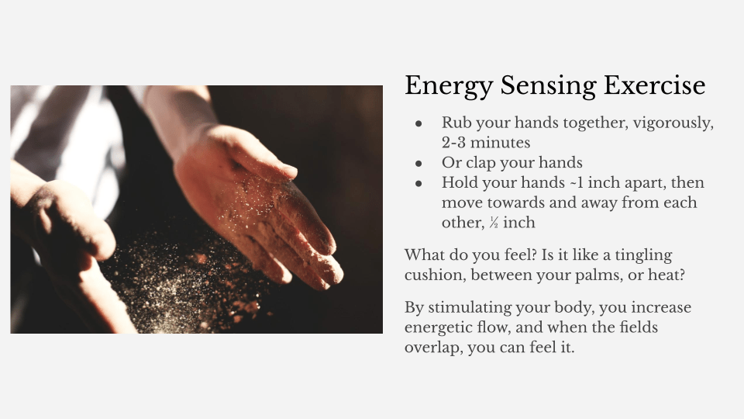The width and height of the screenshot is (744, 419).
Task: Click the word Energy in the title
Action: click(x=449, y=86)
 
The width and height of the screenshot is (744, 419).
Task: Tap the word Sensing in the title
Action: click(x=548, y=86)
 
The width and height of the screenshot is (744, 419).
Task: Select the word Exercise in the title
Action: click(x=654, y=85)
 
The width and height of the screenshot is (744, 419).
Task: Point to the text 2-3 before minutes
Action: click(x=453, y=143)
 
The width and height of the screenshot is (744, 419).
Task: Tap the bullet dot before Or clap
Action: click(x=418, y=164)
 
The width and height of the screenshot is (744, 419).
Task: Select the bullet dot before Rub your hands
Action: click(x=418, y=123)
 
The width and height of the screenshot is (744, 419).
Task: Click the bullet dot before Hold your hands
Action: click(x=418, y=183)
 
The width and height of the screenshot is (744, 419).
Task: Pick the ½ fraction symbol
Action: click(x=494, y=223)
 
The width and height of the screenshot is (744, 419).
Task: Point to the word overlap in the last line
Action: click(x=432, y=348)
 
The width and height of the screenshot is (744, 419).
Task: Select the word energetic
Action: click(x=445, y=327)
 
